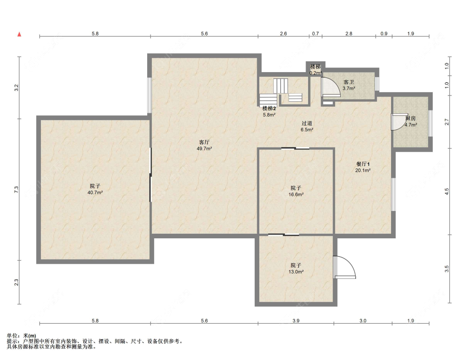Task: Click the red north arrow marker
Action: (x=20, y=34)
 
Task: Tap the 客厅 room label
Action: (x=204, y=142)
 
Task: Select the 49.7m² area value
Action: (x=204, y=149)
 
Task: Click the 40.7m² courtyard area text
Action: (x=95, y=192)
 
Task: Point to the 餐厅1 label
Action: (x=363, y=164)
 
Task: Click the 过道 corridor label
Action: (x=307, y=123)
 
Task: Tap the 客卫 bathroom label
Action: (x=349, y=82)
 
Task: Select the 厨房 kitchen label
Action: (x=411, y=118)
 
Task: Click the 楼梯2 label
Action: (x=269, y=108)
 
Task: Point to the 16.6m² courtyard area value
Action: (x=296, y=194)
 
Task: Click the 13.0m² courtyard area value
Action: (x=296, y=272)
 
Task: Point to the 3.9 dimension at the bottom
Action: (x=296, y=321)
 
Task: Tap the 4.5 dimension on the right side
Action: (x=447, y=191)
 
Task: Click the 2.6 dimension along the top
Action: (x=283, y=34)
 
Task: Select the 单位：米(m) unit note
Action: (x=21, y=336)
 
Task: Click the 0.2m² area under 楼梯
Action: (x=316, y=73)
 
